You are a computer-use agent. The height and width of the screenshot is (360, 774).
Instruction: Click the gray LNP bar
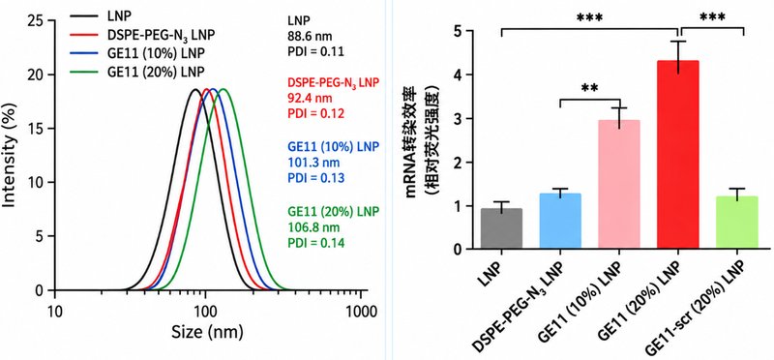coord(501,228)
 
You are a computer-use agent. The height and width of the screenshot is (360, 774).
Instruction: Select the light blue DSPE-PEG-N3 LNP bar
coord(560,222)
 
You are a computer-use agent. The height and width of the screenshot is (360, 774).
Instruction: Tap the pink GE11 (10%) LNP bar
coord(619,184)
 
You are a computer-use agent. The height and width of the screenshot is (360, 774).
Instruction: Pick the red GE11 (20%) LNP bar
coord(678,155)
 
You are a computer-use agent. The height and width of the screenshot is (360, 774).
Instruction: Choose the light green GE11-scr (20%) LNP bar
coord(737,223)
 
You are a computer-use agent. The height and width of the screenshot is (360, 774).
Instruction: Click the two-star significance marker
coord(589,89)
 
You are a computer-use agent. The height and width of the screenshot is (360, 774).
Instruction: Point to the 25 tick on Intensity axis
coord(37,20)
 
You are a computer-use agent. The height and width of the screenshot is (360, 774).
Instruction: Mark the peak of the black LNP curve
coord(195,89)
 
